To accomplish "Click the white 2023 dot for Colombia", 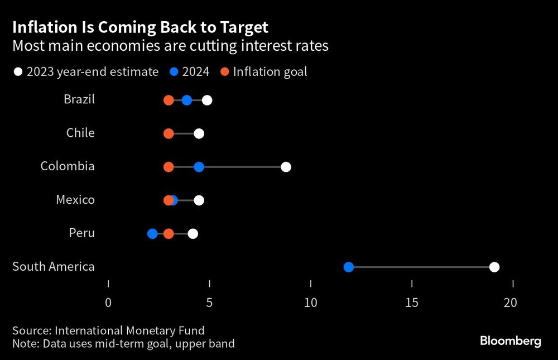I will point(286,167).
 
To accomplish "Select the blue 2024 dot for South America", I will point(349,267).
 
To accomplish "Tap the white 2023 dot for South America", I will point(494,267).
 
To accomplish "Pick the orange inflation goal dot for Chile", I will point(169,133).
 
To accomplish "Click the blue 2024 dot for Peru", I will point(152,234).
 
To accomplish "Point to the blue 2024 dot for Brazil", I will point(187,100).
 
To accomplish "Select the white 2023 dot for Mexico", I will point(199,200).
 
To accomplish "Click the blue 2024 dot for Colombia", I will point(199,167).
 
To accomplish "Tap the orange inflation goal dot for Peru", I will point(169,234).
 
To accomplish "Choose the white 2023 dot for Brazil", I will point(207,100).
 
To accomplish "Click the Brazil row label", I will point(79,100).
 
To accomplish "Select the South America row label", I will point(54,267).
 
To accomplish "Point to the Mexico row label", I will point(75,200).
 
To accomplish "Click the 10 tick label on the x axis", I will point(310,303).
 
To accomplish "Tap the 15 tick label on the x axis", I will point(411,303).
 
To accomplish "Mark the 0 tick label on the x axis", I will point(108,303).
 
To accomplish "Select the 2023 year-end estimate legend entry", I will point(86,72).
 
